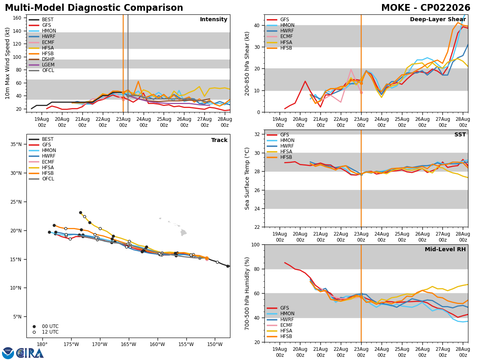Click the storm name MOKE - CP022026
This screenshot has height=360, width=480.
pos(426,8)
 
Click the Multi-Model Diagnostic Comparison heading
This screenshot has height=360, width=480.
pos(94,8)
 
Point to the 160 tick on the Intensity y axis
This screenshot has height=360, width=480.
pos(17,18)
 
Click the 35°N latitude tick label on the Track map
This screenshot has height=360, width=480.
pos(16,144)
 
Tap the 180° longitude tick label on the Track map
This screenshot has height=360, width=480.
pos(42,344)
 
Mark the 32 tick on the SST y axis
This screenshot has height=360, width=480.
pos(257,134)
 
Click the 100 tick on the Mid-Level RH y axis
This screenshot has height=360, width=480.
pos(256,244)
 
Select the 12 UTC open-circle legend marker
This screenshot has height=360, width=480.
pos(34,332)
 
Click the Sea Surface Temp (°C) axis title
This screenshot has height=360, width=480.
pos(247,178)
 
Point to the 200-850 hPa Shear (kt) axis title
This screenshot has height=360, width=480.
pos(247,64)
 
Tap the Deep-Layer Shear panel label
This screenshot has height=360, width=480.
pos(438,19)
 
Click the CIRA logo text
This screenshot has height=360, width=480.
pos(30,353)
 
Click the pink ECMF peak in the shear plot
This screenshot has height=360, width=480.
pos(351,70)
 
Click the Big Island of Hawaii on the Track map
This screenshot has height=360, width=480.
pos(184,232)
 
